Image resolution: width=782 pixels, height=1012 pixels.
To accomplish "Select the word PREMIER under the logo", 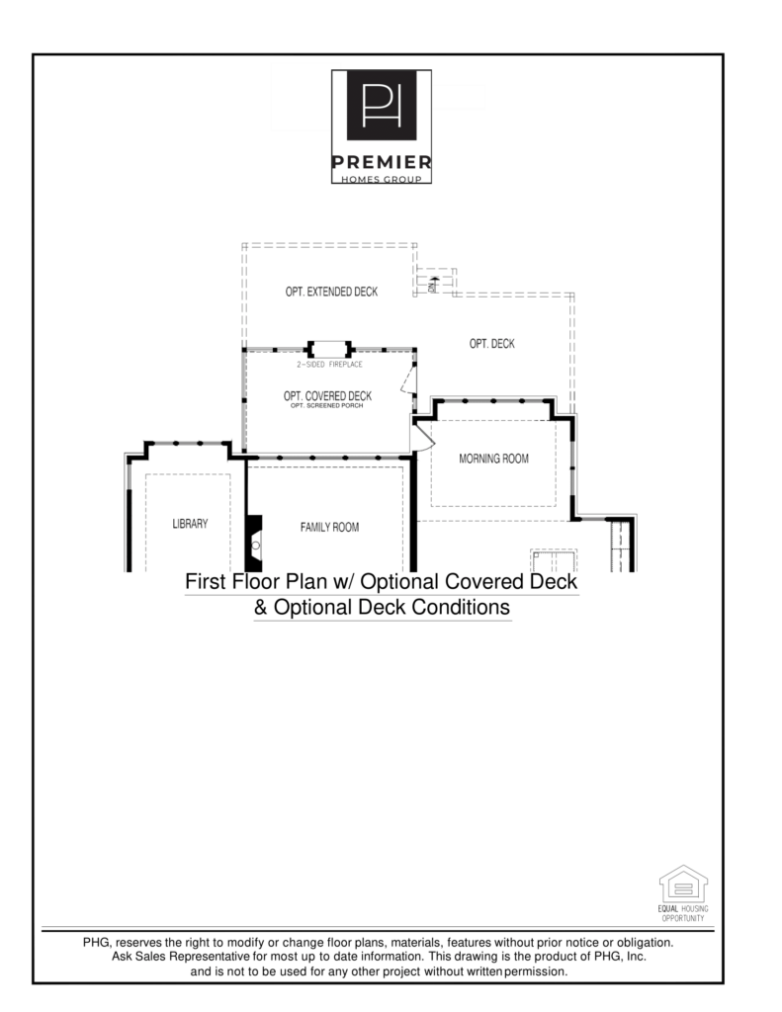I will (381, 161).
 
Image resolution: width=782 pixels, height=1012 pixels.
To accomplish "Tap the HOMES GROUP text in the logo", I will (381, 178).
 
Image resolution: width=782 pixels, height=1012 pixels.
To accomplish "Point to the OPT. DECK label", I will (491, 344).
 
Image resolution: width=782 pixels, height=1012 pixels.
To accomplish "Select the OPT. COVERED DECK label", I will (327, 396).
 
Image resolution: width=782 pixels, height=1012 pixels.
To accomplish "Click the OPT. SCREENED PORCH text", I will (327, 407).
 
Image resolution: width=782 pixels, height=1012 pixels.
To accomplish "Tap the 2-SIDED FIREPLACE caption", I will (329, 365).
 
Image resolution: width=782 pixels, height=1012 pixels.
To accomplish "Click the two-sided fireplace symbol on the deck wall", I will (330, 349).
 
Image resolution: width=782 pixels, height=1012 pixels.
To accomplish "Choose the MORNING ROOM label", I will (493, 459).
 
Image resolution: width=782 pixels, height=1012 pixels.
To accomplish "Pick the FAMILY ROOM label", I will (329, 527).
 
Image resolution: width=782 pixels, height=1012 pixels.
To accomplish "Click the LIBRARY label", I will (190, 524).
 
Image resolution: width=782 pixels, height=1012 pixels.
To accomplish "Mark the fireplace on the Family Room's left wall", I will (254, 543).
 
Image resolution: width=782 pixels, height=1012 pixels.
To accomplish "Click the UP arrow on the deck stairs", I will (433, 283).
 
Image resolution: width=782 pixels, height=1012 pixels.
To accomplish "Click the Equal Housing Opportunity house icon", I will (683, 884).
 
